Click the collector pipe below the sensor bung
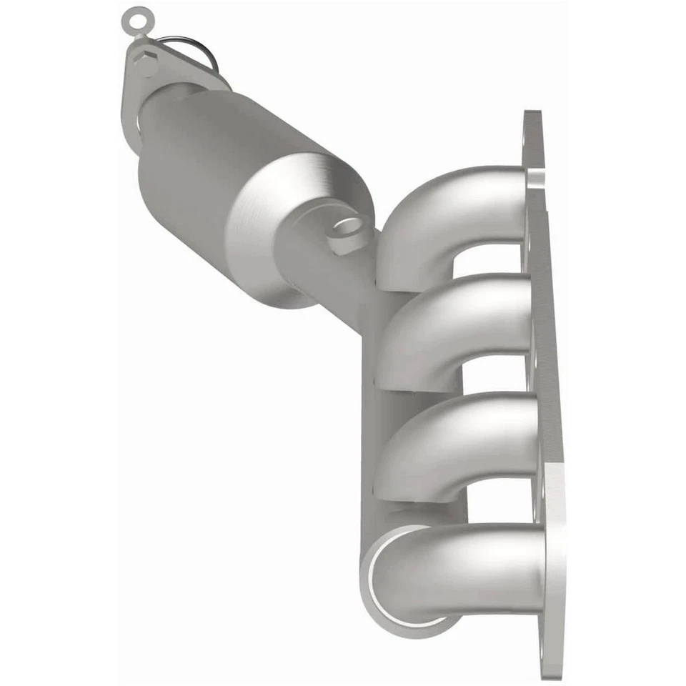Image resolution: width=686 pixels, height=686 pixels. pyautogui.click(x=336, y=286)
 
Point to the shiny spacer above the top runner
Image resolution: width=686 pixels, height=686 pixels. pyautogui.click(x=532, y=174)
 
